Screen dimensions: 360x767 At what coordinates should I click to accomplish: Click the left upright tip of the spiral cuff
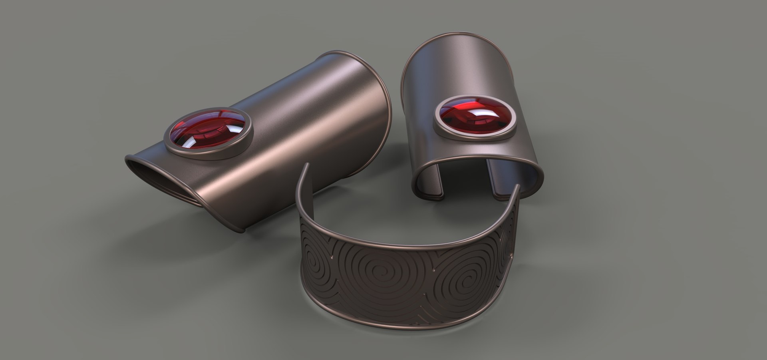point(306,166)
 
